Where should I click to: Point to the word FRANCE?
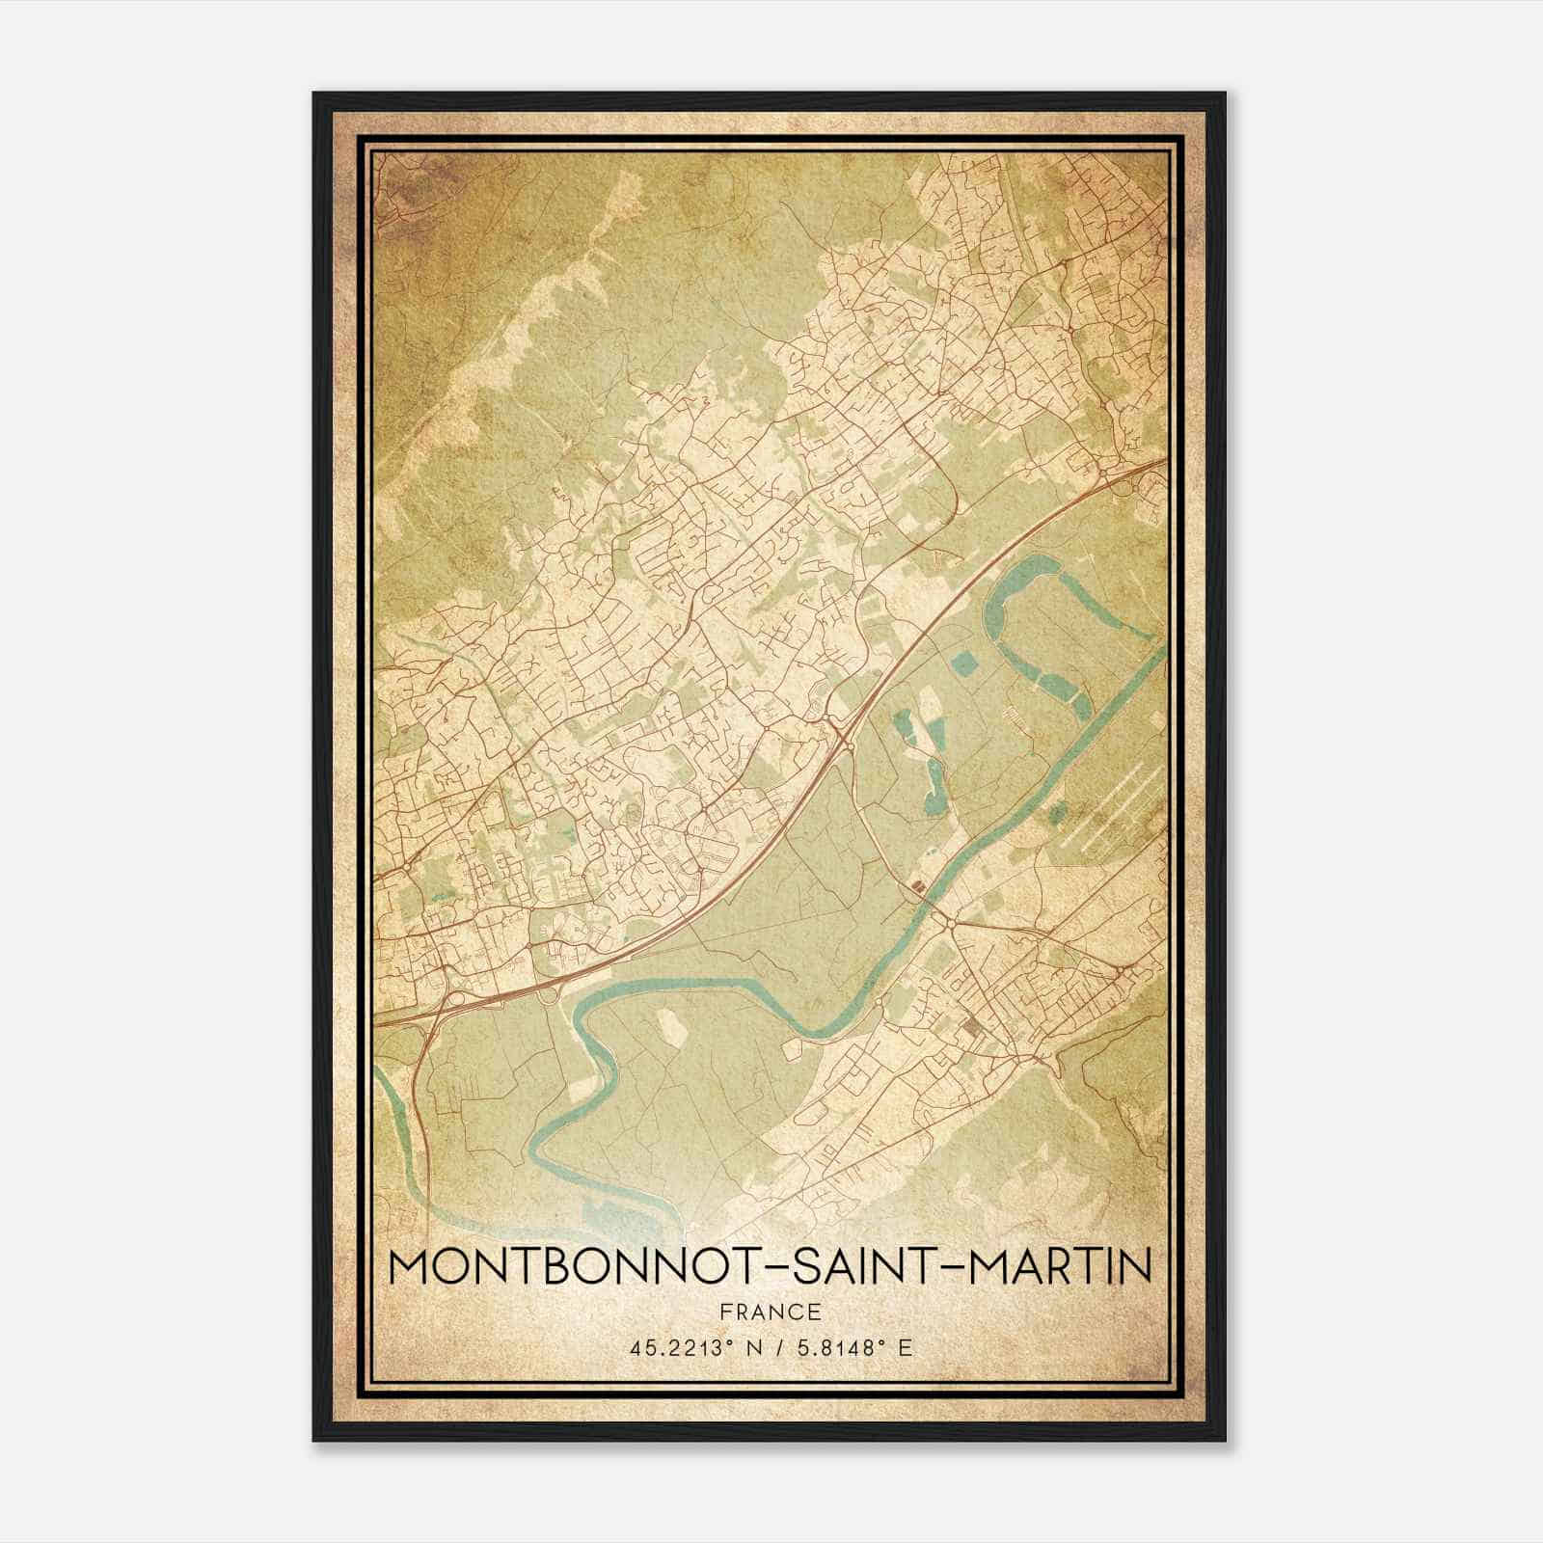(x=771, y=1312)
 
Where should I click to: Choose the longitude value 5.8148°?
(x=840, y=1348)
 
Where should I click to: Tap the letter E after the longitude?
(x=905, y=1348)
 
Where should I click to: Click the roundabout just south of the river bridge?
(x=952, y=924)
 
